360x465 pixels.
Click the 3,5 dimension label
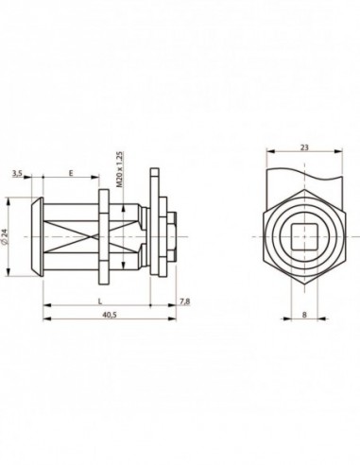tap(17, 173)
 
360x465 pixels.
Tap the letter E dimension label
tap(71, 173)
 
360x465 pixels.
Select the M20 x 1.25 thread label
tap(119, 170)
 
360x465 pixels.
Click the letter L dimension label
tap(100, 301)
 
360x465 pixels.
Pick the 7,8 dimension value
tap(185, 301)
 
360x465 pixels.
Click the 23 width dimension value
tap(304, 147)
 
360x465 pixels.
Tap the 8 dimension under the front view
tap(304, 315)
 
